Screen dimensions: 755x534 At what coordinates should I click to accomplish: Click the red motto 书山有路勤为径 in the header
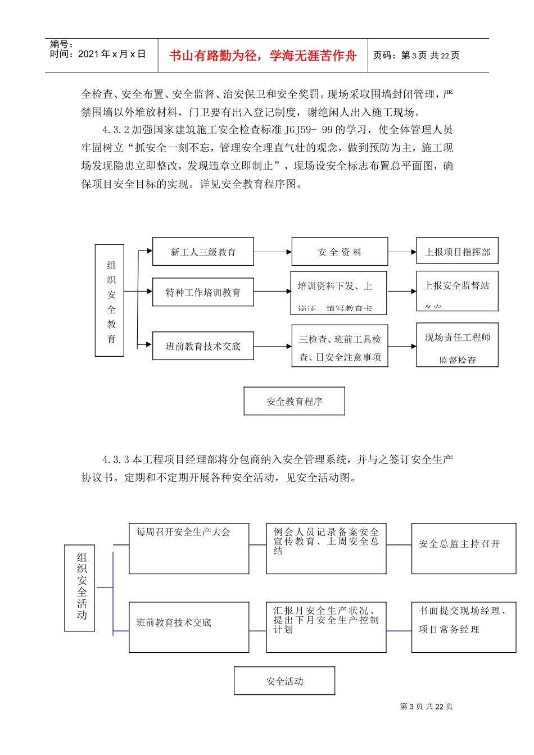coord(263,56)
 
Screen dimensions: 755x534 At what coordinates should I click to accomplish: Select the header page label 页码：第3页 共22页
coord(417,56)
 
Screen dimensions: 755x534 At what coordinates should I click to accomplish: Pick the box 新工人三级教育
coord(203,252)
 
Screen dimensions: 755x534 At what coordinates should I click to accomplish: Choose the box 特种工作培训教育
coord(203,292)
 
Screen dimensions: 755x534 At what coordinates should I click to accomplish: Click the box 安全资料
coord(340,252)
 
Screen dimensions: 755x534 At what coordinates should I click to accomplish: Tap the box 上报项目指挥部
coord(457,251)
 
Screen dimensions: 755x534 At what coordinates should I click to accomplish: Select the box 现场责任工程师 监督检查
coord(457,345)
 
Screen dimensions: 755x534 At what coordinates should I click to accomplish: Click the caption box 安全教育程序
coord(294,401)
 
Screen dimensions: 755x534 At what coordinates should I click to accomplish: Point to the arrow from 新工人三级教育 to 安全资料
coord(273,252)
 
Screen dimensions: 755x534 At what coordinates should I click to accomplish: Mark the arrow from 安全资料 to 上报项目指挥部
coord(402,252)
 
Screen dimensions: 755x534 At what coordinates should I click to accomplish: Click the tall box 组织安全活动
coord(80,588)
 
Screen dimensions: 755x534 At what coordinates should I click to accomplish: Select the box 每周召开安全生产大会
coord(189,548)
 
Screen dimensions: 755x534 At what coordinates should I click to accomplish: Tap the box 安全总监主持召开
coord(463,548)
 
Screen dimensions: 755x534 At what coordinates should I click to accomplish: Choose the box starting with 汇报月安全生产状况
coord(326,627)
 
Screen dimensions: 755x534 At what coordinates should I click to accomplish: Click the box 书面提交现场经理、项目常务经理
coord(463,627)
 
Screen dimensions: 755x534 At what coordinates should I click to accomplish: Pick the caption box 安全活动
coord(284,681)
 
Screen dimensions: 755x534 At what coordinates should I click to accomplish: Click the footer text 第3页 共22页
coord(426,707)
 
